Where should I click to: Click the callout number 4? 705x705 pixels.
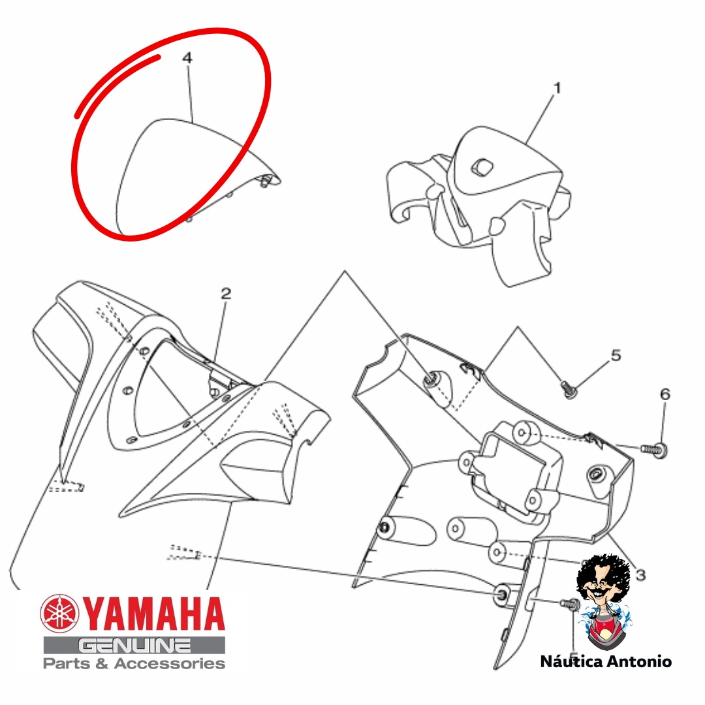pyautogui.click(x=187, y=57)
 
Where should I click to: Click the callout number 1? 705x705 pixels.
pyautogui.click(x=557, y=87)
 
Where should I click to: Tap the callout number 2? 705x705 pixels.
pyautogui.click(x=226, y=294)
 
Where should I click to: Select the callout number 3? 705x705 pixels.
pyautogui.click(x=641, y=574)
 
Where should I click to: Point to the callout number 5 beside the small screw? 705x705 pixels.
pyautogui.click(x=616, y=355)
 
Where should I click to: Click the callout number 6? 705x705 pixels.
pyautogui.click(x=665, y=394)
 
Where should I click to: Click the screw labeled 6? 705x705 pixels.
pyautogui.click(x=654, y=449)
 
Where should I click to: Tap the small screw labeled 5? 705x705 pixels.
pyautogui.click(x=569, y=389)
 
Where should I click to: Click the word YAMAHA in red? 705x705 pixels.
pyautogui.click(x=153, y=614)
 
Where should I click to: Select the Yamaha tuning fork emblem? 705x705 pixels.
pyautogui.click(x=59, y=613)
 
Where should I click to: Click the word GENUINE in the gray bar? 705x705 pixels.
pyautogui.click(x=134, y=646)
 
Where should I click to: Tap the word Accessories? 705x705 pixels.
pyautogui.click(x=170, y=664)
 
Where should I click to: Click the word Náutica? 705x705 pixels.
pyautogui.click(x=571, y=661)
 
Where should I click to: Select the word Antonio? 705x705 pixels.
pyautogui.click(x=639, y=662)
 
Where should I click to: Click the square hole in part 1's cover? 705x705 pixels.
pyautogui.click(x=482, y=168)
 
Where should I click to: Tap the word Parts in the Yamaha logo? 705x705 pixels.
pyautogui.click(x=67, y=664)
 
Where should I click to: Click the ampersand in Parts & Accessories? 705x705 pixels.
pyautogui.click(x=102, y=664)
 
